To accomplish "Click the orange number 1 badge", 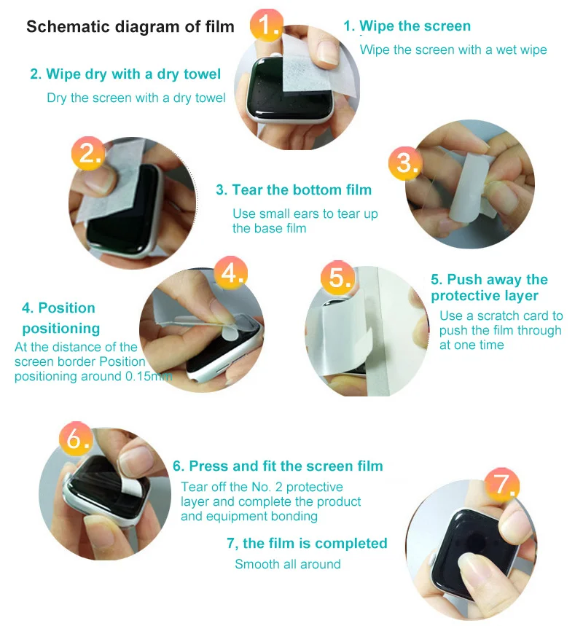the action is click(266, 25).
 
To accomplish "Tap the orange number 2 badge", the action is click(89, 153).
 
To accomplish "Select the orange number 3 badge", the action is click(405, 163).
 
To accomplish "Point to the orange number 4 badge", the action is click(230, 273).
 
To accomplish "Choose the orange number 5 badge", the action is click(338, 277).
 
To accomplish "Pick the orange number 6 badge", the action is click(76, 439).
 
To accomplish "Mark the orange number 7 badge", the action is click(502, 485).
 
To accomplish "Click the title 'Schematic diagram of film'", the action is click(130, 27).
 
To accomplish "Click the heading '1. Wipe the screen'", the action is click(407, 26).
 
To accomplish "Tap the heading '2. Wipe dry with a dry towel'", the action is click(125, 74).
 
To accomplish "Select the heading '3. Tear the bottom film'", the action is click(294, 189).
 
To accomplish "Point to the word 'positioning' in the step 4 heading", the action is click(61, 329).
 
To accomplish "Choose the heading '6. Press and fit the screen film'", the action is click(278, 466).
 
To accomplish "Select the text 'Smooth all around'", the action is click(288, 564).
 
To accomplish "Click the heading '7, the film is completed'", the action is click(307, 544).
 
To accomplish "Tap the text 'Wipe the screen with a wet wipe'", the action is click(453, 50).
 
